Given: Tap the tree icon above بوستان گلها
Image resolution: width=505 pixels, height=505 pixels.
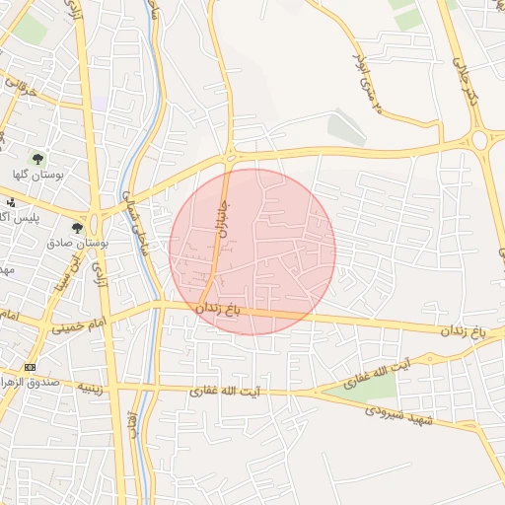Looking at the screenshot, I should pos(37,158).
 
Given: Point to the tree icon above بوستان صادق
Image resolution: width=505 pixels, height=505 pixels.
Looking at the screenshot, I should pos(77,228).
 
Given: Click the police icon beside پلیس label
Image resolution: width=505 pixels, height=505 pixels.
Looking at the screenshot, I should pos(11,202).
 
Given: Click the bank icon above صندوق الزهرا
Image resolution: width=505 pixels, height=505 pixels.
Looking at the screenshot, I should pos(29,367).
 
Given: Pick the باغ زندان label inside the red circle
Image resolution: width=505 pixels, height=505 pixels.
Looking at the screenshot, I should pos(218,310).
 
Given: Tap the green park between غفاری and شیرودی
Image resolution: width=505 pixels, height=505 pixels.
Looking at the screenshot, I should pos(361,388).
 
